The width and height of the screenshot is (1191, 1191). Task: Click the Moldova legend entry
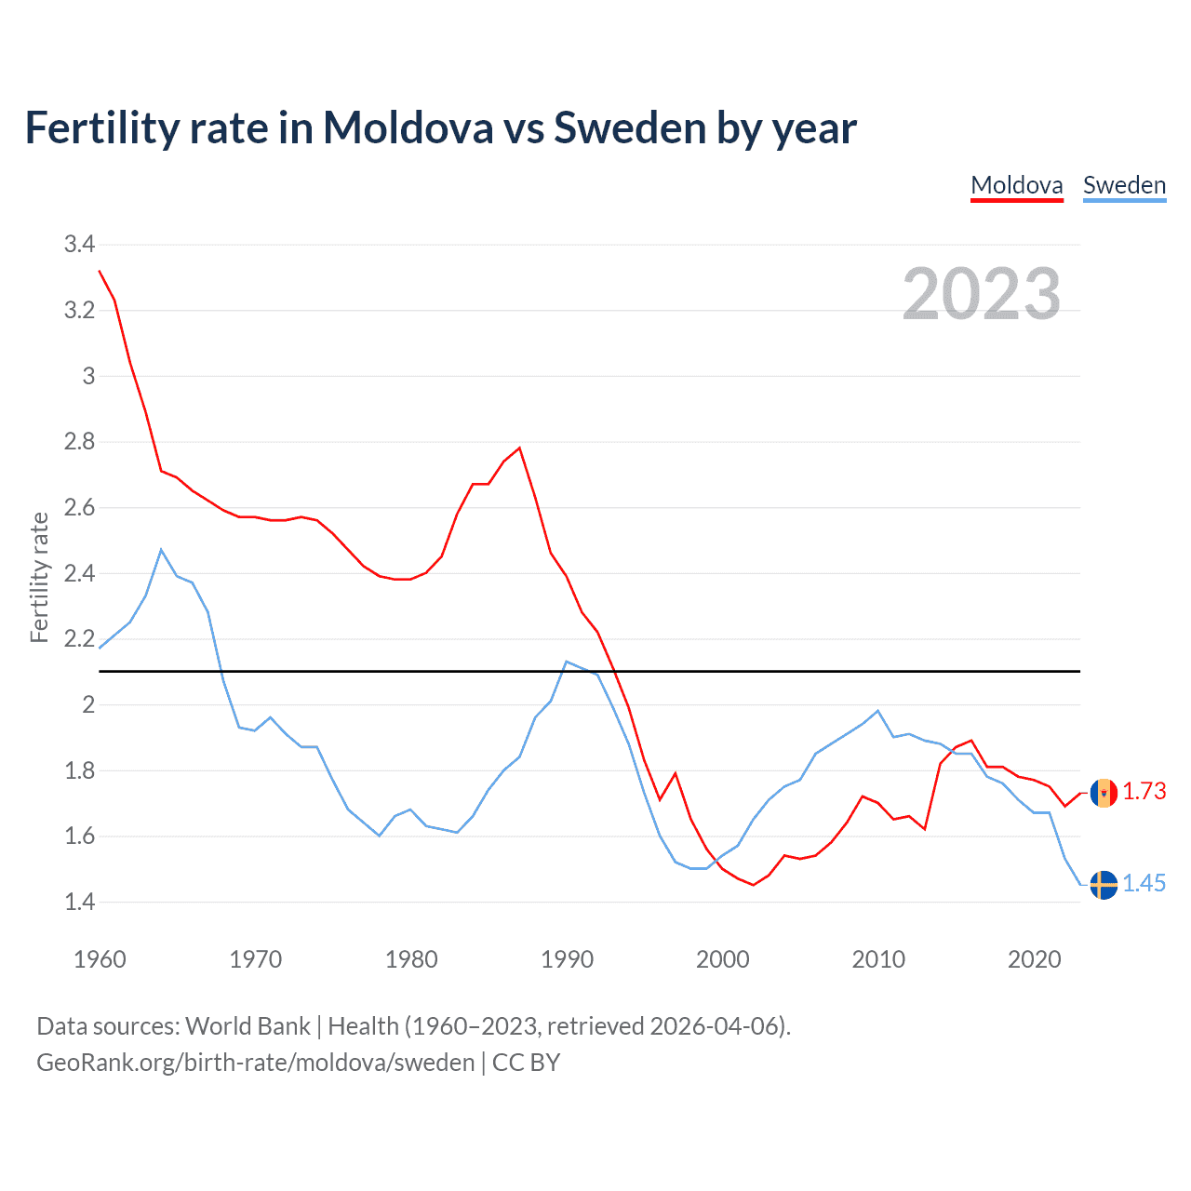click(x=1016, y=185)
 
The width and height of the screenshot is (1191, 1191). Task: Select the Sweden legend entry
click(x=1124, y=185)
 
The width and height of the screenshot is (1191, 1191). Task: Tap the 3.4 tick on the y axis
click(x=79, y=245)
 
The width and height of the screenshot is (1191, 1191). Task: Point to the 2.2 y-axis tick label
click(x=79, y=639)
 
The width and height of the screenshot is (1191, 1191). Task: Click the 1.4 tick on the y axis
click(x=79, y=902)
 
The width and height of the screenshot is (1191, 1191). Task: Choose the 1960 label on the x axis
click(x=100, y=959)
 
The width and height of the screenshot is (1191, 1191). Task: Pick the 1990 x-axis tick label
click(x=567, y=959)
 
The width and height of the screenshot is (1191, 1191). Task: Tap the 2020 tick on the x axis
click(x=1034, y=959)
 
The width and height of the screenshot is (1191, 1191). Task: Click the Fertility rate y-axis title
click(x=39, y=577)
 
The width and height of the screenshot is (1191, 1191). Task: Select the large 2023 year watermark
click(x=982, y=294)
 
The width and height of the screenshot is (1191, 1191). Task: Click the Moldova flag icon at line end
click(x=1104, y=793)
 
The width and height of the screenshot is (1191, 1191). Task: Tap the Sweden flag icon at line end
click(x=1104, y=885)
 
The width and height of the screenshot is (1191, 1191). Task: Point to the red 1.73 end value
click(x=1144, y=791)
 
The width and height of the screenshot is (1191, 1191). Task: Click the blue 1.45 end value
click(x=1144, y=883)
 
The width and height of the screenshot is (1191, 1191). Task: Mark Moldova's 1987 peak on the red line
click(x=519, y=448)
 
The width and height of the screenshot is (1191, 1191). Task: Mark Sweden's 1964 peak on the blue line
click(x=161, y=550)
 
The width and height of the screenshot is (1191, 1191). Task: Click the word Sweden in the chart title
click(x=630, y=127)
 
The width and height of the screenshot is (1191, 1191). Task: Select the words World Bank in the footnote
click(x=248, y=1026)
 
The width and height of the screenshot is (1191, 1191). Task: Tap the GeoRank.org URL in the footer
click(x=256, y=1063)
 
